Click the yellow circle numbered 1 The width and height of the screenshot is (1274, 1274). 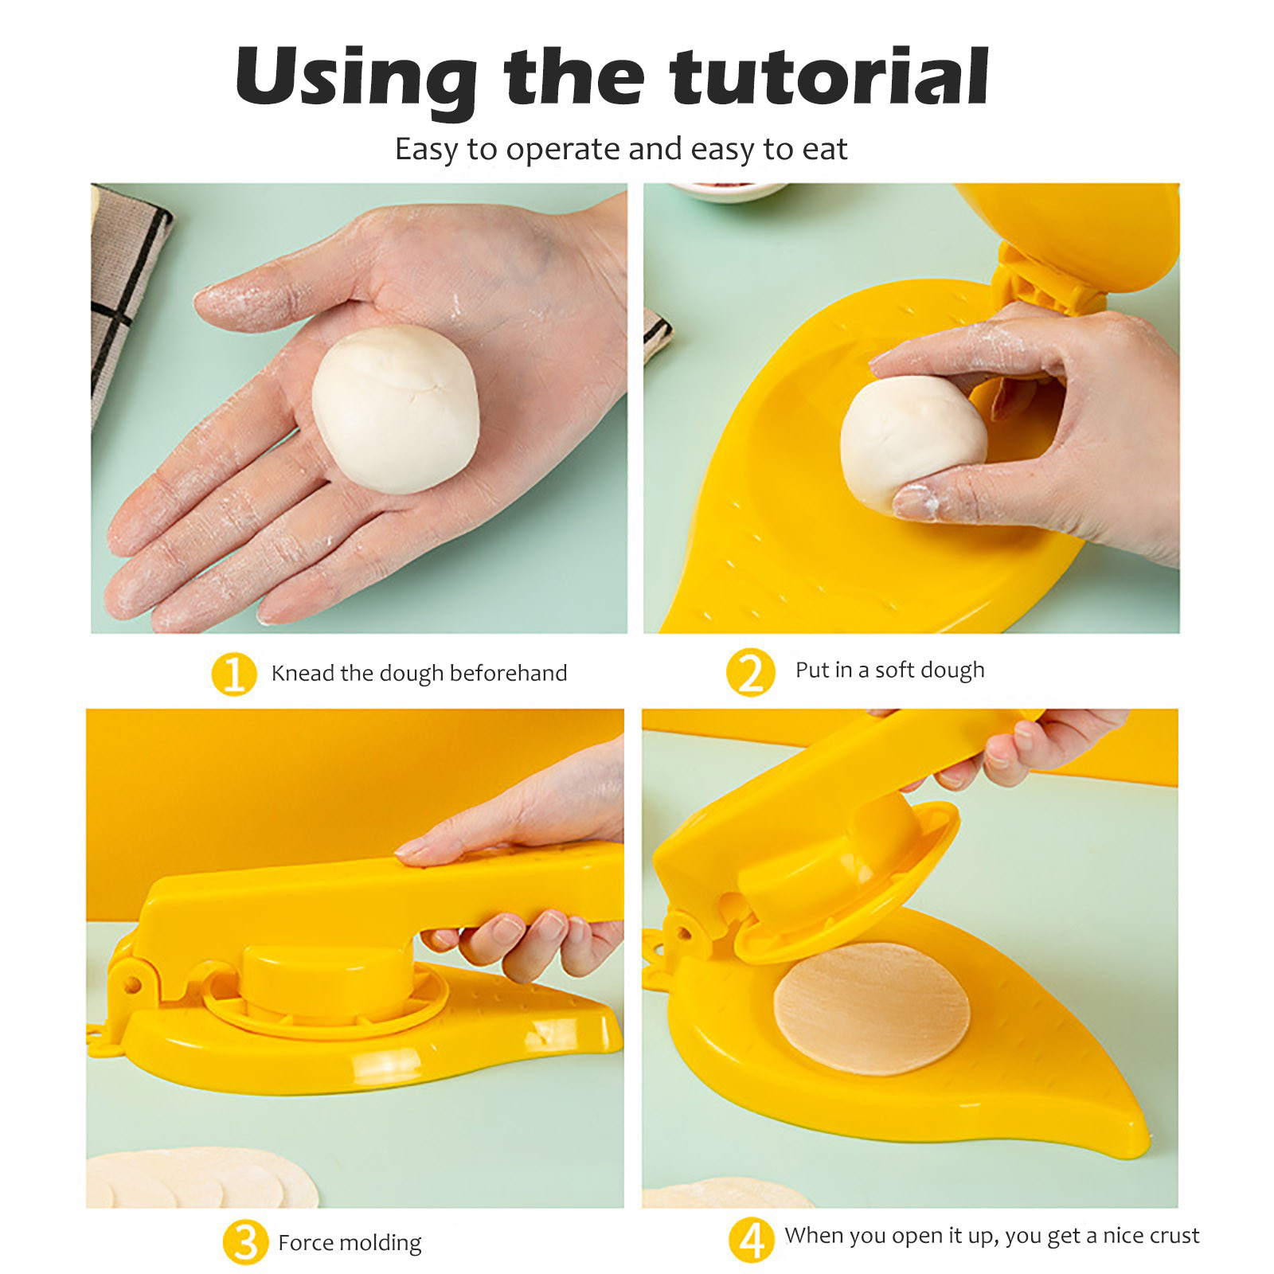pyautogui.click(x=233, y=674)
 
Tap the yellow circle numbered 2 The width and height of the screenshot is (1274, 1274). pyautogui.click(x=750, y=672)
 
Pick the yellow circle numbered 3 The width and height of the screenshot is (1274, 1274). pyautogui.click(x=245, y=1241)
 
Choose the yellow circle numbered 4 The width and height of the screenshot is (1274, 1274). pyautogui.click(x=751, y=1239)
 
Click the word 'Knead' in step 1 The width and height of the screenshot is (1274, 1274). pyautogui.click(x=303, y=674)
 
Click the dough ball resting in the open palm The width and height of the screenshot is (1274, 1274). pyautogui.click(x=395, y=409)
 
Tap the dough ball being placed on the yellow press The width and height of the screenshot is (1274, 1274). pyautogui.click(x=913, y=443)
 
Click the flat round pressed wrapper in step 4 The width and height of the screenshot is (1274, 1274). pyautogui.click(x=872, y=1009)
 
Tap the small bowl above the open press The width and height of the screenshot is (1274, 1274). pyautogui.click(x=726, y=192)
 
